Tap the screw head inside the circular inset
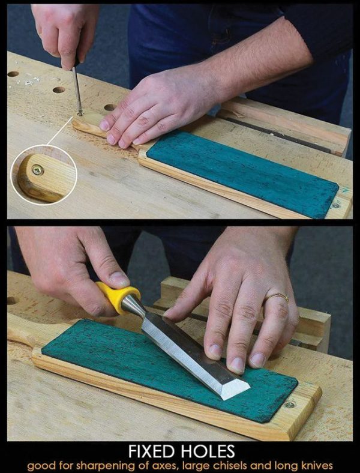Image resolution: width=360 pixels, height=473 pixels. [x=38, y=170]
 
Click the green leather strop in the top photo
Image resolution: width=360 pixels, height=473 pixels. [x=240, y=172]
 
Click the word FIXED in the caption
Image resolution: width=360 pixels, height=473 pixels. [x=151, y=451]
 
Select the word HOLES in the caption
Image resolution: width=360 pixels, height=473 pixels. [x=208, y=451]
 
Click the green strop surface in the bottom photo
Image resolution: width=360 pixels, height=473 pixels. [x=120, y=360]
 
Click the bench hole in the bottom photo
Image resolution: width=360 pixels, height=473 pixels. [x=12, y=300]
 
